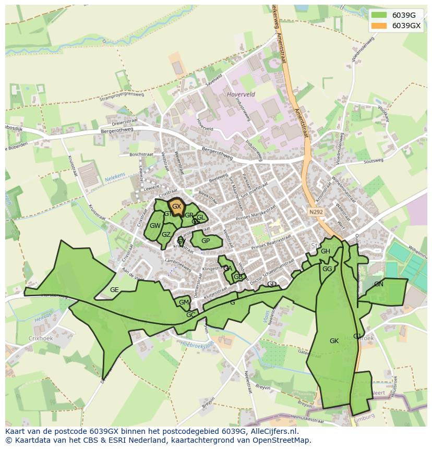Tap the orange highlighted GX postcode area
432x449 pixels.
coord(177,205)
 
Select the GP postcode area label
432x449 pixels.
coord(206,241)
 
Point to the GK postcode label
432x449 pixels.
coord(334,341)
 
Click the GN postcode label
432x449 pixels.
coord(379,284)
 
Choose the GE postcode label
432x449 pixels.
coord(114,290)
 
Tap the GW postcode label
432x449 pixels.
coord(155,226)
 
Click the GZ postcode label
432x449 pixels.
coord(166,235)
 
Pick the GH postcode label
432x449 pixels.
coord(326,251)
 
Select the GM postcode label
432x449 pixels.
coord(184,302)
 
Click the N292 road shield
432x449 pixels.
coord(315,212)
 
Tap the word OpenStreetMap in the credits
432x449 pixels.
coord(284,440)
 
